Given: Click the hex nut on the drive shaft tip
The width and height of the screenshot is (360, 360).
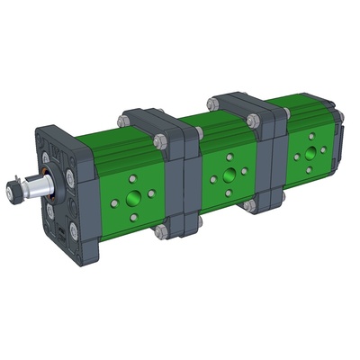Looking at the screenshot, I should (x=13, y=193).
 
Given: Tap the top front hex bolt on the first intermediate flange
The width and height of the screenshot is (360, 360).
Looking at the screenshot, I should (x=159, y=141).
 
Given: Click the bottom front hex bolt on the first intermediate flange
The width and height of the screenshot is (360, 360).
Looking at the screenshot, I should (x=160, y=233).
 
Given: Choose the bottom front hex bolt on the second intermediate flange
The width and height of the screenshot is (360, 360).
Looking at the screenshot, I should (x=249, y=206).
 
